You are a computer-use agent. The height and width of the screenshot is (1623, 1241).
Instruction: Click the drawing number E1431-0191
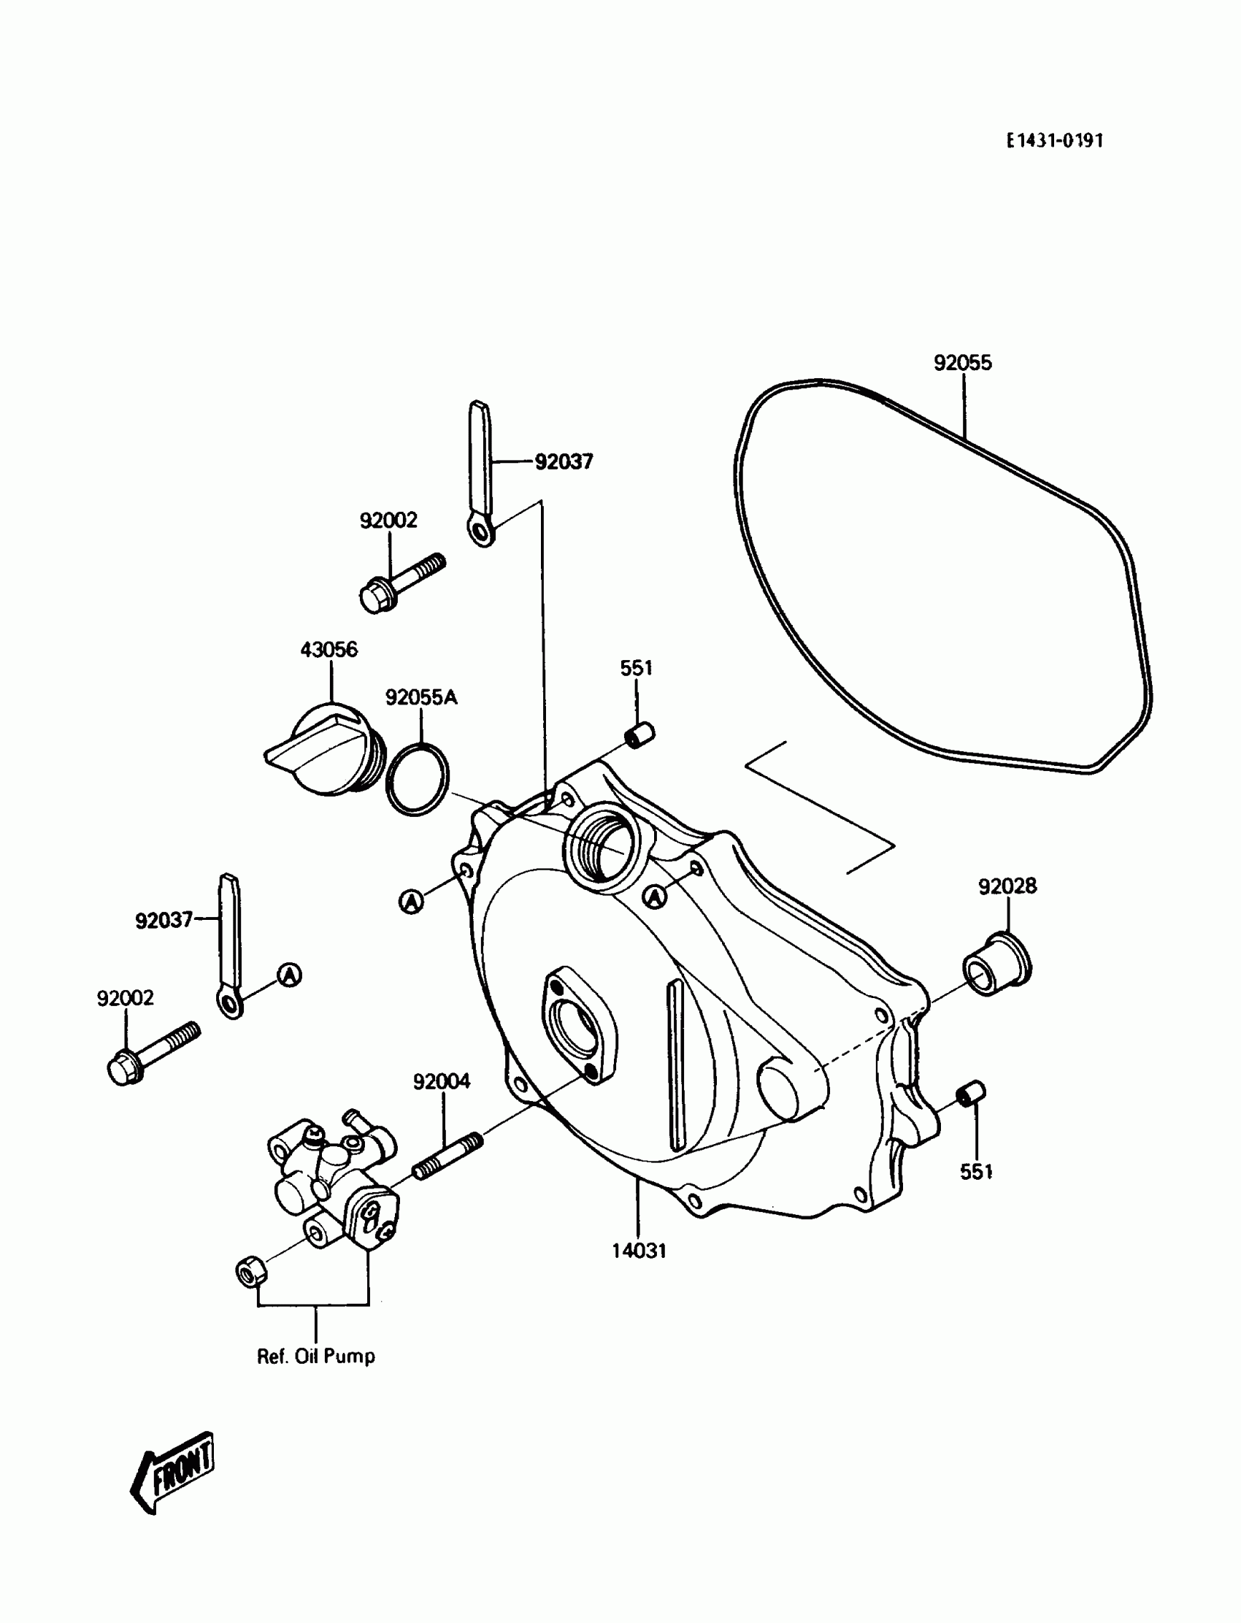pos(1054,140)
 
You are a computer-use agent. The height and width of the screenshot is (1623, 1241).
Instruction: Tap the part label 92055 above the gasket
pos(963,363)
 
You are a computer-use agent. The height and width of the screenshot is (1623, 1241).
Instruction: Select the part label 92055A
pos(421,697)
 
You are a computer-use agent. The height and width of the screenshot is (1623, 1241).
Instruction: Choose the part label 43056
pos(328,649)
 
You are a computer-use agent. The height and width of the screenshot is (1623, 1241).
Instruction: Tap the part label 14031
pos(639,1251)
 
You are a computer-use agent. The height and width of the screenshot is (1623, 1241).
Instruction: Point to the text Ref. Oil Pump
pos(315,1357)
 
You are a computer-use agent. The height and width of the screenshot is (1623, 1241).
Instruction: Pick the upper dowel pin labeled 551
pos(639,735)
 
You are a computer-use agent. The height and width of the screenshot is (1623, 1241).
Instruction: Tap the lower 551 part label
pos(975,1172)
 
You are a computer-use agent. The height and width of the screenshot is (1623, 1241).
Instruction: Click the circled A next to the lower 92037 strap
pos(290,975)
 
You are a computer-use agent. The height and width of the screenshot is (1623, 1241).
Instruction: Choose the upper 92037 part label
pos(564,461)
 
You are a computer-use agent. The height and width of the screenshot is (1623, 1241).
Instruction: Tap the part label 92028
pos(1007,886)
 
